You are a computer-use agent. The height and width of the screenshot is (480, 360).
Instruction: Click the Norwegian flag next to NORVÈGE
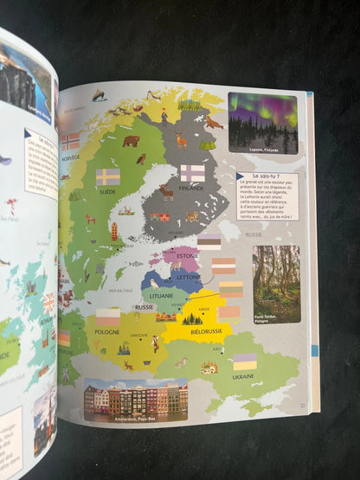click(x=70, y=141)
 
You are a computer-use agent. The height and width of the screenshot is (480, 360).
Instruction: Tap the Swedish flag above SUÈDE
click(x=107, y=176)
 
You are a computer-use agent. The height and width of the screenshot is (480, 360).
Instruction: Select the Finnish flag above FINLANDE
click(x=192, y=172)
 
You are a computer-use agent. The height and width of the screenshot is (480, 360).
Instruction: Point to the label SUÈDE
click(x=109, y=192)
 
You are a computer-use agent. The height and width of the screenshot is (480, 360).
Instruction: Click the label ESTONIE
click(x=188, y=256)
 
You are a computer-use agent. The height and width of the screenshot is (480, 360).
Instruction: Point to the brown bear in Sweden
click(x=131, y=140)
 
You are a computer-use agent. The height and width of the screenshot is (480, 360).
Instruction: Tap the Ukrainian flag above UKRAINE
click(x=245, y=362)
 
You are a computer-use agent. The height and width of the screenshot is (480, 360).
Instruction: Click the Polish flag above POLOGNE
click(x=108, y=317)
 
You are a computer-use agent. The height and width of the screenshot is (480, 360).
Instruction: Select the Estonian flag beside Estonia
click(x=209, y=240)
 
